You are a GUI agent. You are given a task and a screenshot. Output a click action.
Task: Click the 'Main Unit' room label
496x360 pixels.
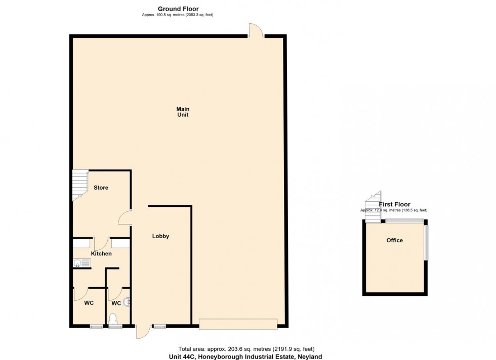coord(182,112)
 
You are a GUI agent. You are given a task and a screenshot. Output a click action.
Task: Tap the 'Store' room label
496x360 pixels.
coord(101,188)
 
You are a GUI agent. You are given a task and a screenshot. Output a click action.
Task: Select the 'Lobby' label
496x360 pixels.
coord(160,236)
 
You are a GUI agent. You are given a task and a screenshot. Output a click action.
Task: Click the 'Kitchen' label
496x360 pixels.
coord(101,253)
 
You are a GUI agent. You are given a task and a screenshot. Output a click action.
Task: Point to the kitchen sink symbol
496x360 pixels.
coord(81,262)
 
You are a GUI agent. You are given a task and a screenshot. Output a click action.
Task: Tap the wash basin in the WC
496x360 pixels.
coord(128,303)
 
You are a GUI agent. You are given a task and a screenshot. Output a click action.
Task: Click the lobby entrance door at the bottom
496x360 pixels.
coord(142,332)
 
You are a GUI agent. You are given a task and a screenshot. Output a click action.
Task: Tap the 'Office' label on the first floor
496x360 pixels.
coord(394,240)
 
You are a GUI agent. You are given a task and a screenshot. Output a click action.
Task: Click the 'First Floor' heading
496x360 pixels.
coord(394,204)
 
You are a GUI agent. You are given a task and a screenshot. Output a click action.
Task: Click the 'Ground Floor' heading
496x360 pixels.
coord(178,9)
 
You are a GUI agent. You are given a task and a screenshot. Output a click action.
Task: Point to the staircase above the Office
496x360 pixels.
coord(374,207)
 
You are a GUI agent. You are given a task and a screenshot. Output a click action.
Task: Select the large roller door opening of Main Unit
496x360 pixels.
coord(238,324)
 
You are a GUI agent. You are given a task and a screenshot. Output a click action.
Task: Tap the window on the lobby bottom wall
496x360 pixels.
coord(160,327)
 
